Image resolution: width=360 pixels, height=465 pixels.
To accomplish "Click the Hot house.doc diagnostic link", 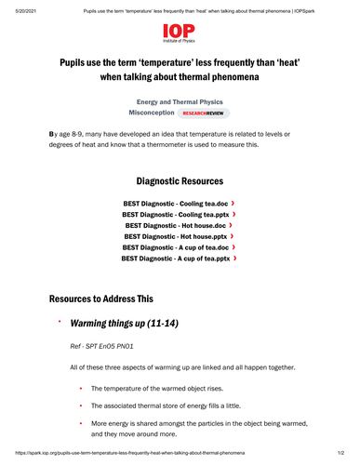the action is click(x=175, y=225).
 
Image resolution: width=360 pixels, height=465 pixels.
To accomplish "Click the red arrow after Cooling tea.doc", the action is click(x=233, y=202).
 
